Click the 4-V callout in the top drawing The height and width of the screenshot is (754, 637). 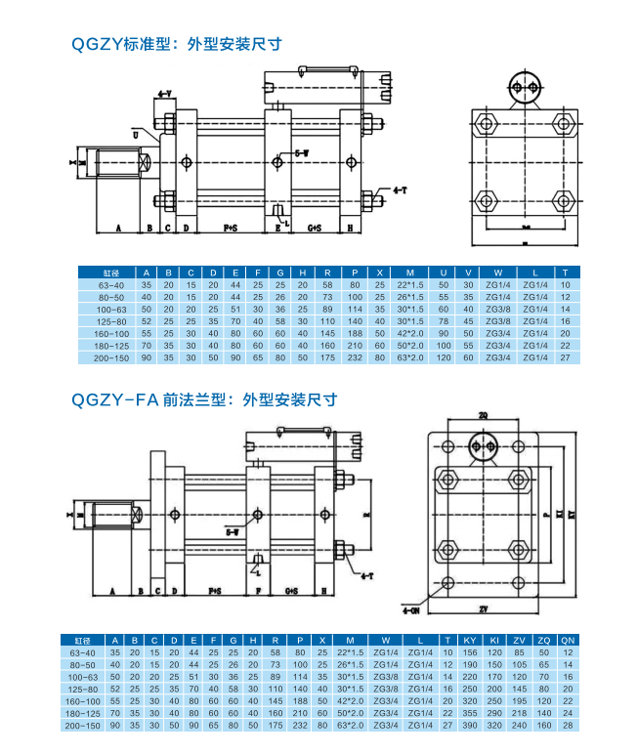[x=163, y=94]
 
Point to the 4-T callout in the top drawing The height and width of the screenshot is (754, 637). [x=400, y=188]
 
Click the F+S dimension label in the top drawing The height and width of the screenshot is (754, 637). [x=231, y=227]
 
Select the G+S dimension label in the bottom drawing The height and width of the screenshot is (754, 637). [x=292, y=592]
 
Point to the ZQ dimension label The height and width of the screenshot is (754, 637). [x=483, y=415]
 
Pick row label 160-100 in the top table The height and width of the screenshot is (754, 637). [x=109, y=333]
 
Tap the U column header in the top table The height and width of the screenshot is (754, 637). [x=444, y=272]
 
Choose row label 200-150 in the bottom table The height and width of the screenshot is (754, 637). [x=84, y=726]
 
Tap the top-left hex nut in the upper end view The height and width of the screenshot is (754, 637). [x=487, y=124]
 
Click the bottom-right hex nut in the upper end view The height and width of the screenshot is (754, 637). [x=562, y=201]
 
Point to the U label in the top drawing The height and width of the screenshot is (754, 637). [x=136, y=136]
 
